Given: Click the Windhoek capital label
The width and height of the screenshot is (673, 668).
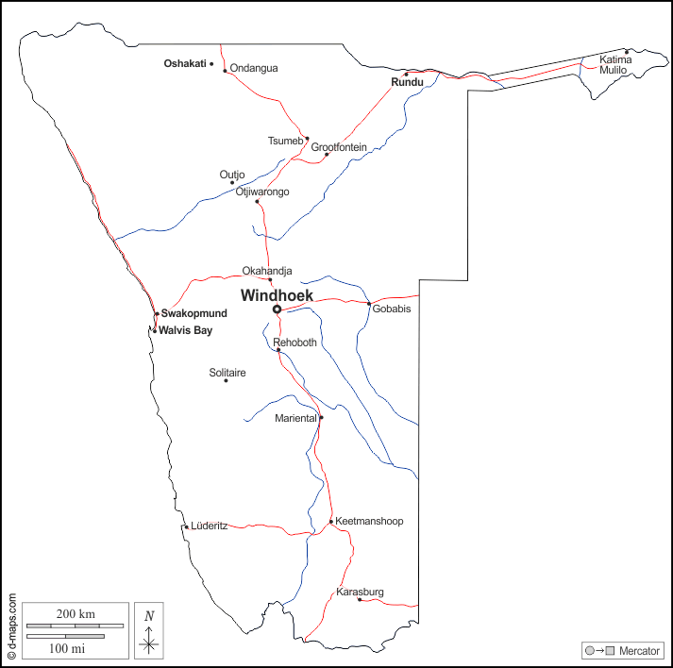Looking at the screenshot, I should [x=277, y=295].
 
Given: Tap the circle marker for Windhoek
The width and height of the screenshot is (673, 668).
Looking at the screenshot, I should [x=277, y=309].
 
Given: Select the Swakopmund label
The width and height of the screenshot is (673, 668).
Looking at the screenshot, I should [x=193, y=313].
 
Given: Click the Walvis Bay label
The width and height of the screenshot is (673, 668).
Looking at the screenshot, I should [x=186, y=330].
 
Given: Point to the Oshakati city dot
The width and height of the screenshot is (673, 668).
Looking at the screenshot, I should [x=211, y=64].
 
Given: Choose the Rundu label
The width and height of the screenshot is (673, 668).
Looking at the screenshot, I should [x=407, y=83].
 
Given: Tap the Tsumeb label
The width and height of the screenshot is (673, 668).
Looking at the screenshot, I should [x=285, y=142].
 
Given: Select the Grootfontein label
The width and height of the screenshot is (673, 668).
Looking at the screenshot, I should [x=339, y=147].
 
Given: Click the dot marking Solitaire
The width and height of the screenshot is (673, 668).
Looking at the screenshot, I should [x=226, y=380].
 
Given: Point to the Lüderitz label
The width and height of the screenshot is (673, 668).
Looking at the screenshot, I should [x=209, y=526].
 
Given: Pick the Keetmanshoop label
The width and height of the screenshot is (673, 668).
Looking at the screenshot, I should [x=369, y=521].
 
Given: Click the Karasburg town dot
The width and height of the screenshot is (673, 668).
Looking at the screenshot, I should [x=360, y=599].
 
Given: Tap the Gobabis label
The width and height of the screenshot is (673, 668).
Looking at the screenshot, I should [x=393, y=309].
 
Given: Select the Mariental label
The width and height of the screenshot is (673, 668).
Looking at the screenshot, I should [x=295, y=418].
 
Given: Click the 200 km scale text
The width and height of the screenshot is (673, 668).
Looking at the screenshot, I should [x=76, y=614].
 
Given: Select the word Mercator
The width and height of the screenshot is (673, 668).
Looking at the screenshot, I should [x=639, y=651].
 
